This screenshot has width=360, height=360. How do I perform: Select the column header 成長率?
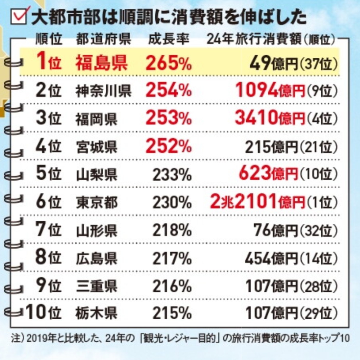(x=169, y=40)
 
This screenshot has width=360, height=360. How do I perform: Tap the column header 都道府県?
(x=103, y=40)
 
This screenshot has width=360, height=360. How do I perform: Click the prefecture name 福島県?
(x=101, y=63)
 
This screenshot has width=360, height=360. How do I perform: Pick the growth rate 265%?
(x=169, y=63)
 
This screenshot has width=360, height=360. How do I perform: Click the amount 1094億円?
(x=270, y=91)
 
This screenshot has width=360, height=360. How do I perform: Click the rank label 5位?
(x=49, y=174)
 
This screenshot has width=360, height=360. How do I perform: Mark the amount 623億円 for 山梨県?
(x=268, y=174)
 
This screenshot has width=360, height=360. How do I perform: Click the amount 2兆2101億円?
(x=257, y=202)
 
